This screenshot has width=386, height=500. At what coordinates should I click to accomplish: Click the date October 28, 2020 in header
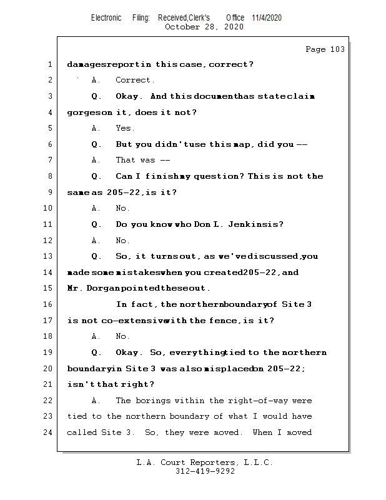(x=204, y=27)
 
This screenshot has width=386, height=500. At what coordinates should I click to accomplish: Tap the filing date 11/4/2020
(x=267, y=17)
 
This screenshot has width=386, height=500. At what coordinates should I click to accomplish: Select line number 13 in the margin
(x=49, y=256)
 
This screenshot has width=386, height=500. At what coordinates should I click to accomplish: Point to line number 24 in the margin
(x=49, y=432)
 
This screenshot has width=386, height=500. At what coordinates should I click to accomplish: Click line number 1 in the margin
(x=49, y=64)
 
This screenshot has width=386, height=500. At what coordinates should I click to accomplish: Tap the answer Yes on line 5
(x=124, y=128)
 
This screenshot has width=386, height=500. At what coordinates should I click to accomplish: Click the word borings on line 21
(x=152, y=401)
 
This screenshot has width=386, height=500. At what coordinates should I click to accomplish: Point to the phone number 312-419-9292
(x=205, y=472)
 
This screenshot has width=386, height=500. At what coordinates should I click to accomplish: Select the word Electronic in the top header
(x=106, y=17)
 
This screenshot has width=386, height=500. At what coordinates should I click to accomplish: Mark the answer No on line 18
(x=122, y=336)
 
